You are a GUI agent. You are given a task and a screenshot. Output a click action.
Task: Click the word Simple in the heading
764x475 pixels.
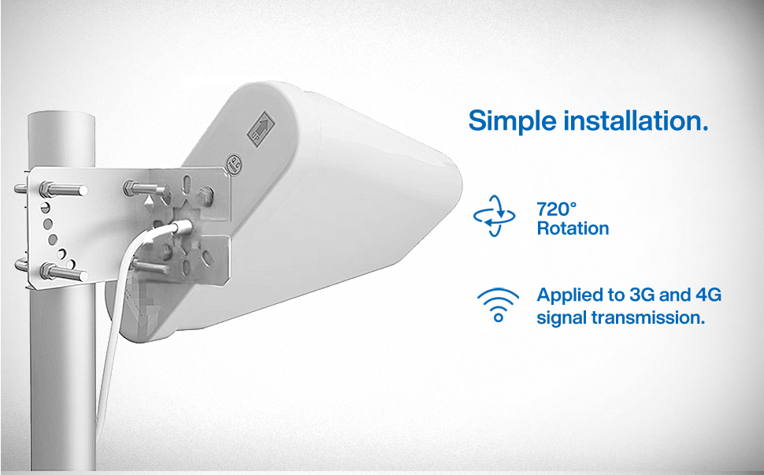point(512,121)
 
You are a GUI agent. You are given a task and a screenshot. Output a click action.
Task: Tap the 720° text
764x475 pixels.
point(556,210)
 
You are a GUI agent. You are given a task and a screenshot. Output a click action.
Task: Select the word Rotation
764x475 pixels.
point(573,228)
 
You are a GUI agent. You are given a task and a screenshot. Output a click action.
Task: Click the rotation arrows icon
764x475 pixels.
point(495,216)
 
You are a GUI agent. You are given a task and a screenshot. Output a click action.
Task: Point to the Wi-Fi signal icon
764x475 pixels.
point(498,305)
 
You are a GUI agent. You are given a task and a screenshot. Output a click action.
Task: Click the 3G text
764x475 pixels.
point(642,295)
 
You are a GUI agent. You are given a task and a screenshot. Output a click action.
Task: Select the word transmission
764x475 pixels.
point(648,317)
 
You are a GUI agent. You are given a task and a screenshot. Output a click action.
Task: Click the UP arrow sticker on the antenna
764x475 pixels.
point(261,128)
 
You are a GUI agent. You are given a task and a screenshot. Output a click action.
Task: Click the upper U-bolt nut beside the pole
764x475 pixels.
point(47,187)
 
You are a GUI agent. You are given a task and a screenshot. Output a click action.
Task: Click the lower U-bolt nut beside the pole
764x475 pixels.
point(48,270)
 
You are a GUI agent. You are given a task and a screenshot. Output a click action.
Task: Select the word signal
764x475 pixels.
point(562,318)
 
